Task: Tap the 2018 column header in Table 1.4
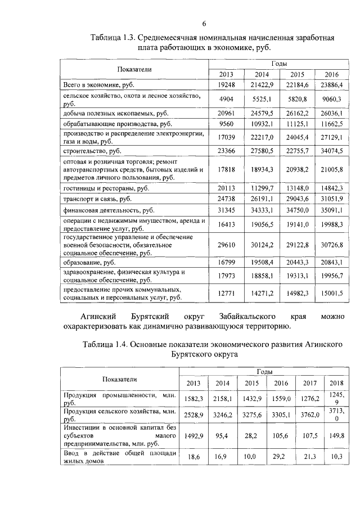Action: coord(336,383)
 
